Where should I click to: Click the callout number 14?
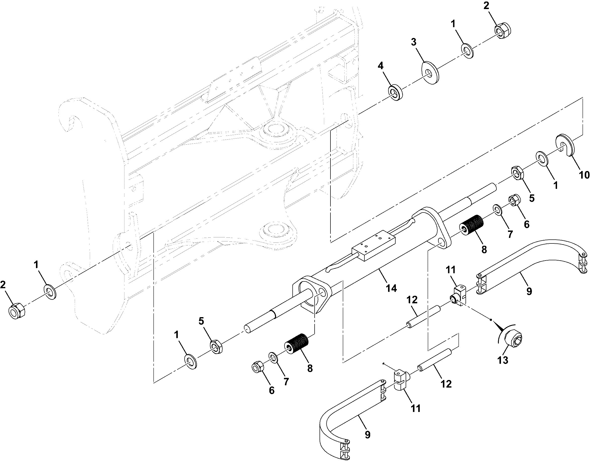[x=391, y=288]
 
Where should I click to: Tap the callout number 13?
[x=503, y=360]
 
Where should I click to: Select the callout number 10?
[x=584, y=175]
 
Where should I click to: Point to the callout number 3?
[x=413, y=42]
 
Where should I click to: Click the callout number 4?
[x=381, y=66]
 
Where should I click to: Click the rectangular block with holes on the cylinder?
[x=373, y=246]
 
